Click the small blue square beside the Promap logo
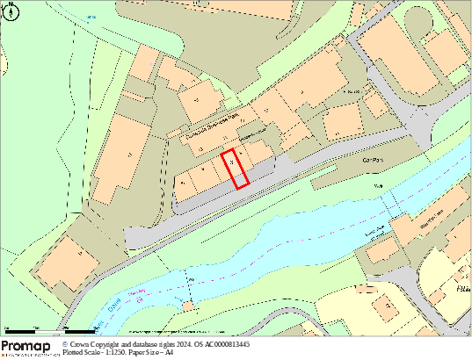tap(65, 345)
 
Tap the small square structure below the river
tap(186, 306)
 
